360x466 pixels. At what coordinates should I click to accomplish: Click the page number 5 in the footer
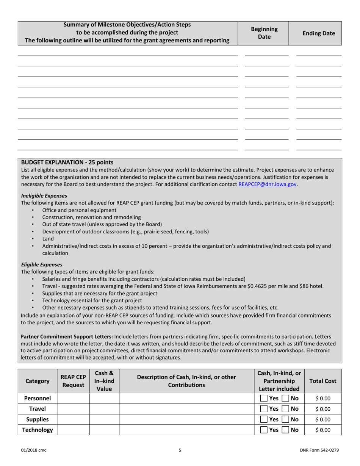[x=180, y=450]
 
